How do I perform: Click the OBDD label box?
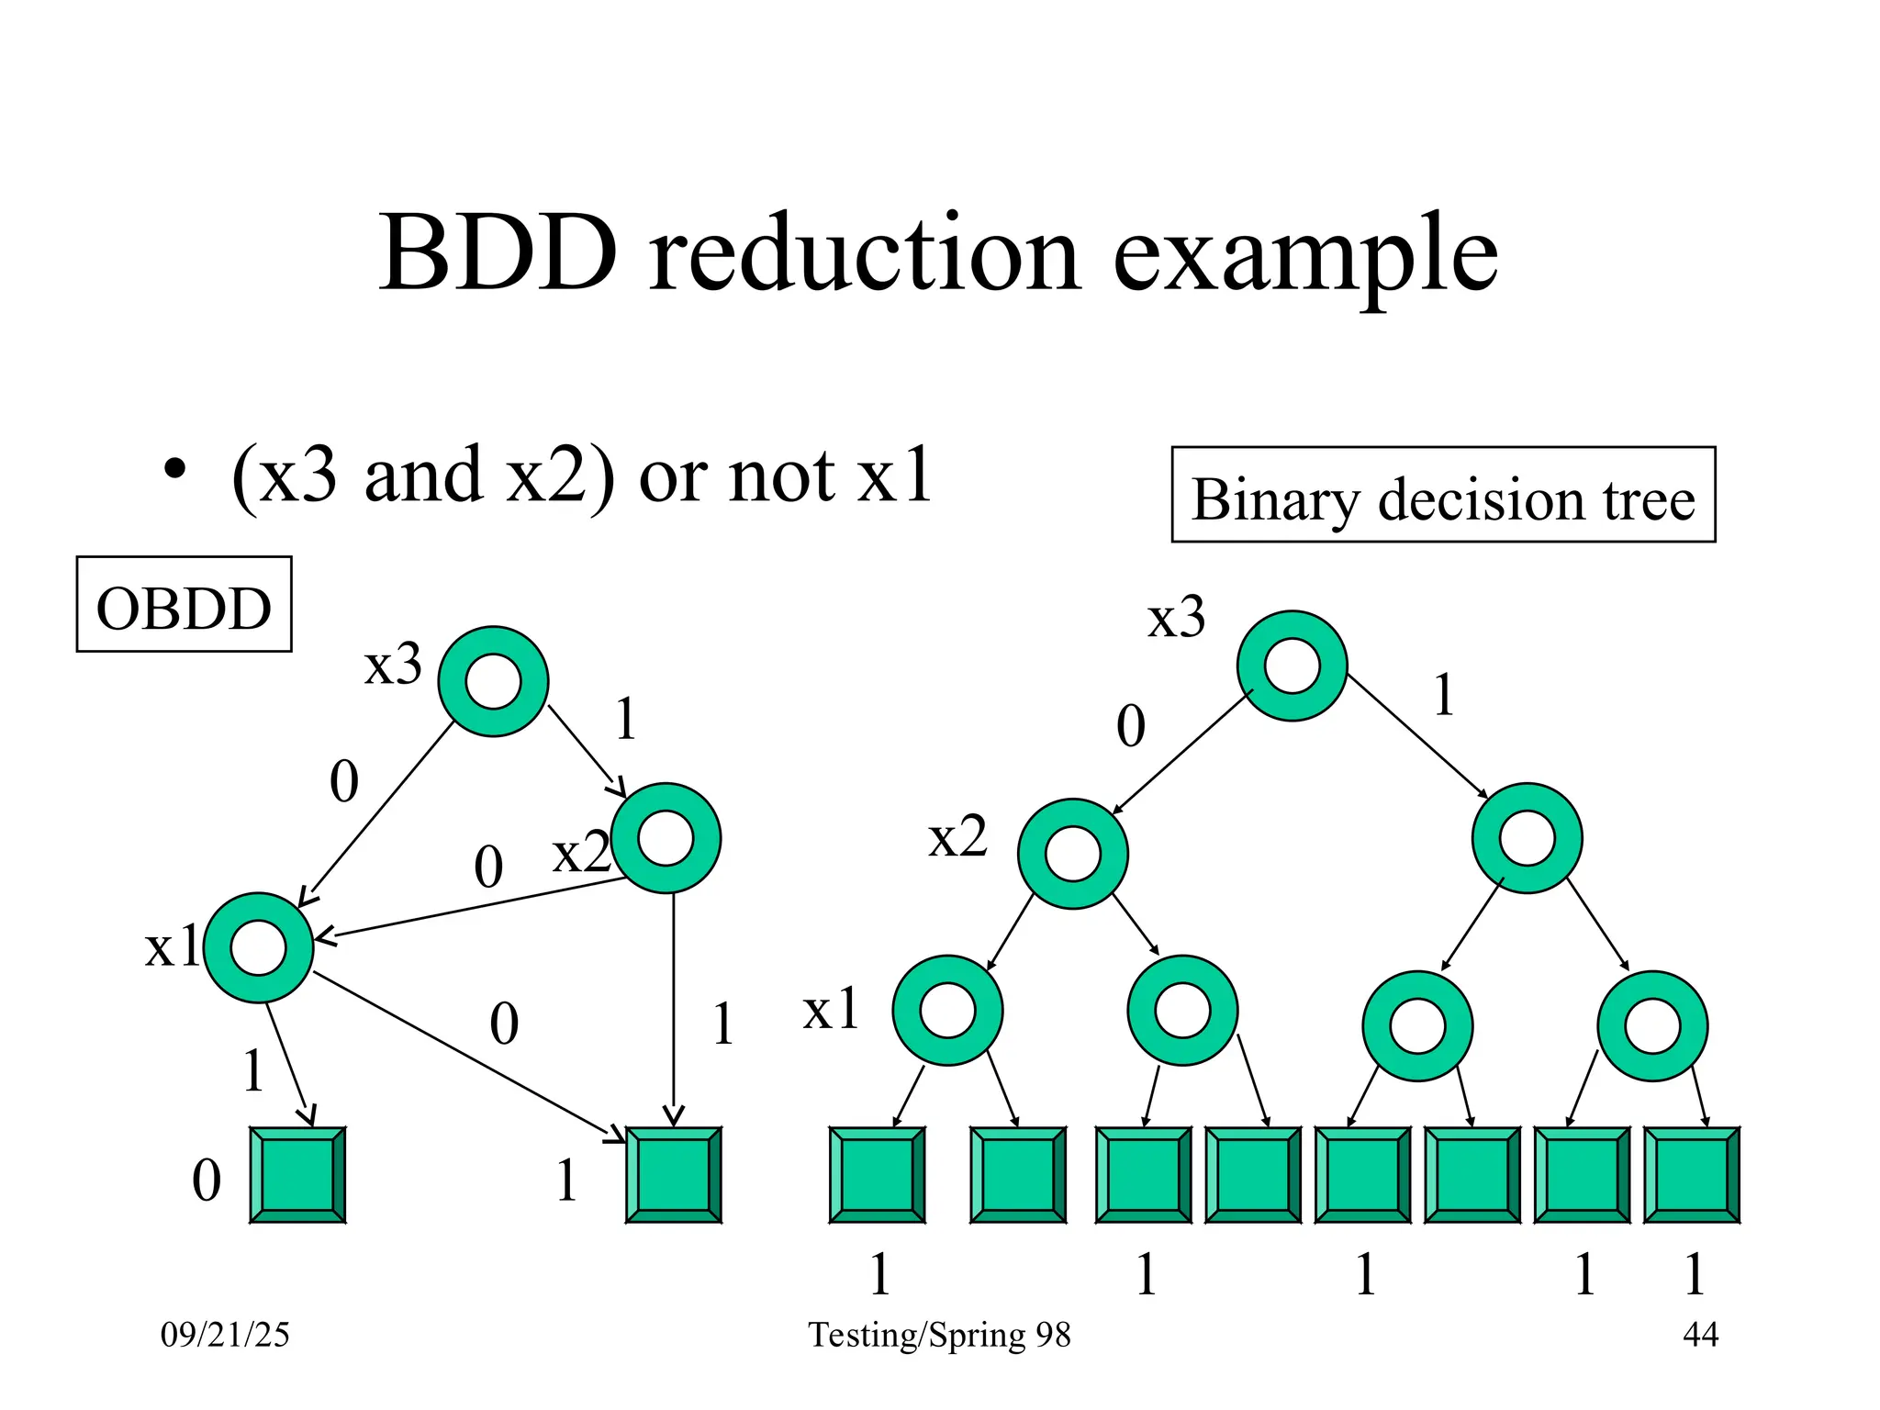pos(184,605)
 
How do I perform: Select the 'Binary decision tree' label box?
pos(1442,496)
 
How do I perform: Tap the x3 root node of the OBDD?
pos(493,681)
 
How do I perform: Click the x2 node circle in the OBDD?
pos(666,838)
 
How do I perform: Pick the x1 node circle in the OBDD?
pos(259,947)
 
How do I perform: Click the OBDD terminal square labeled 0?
pos(297,1175)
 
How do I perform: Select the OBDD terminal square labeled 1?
pos(673,1175)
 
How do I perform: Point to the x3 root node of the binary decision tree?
pos(1292,666)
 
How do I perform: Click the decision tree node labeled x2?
pos(1072,854)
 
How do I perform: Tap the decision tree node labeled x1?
pos(947,1010)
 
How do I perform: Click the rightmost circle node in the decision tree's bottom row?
pos(1651,1025)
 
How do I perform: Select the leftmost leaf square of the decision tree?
pos(877,1175)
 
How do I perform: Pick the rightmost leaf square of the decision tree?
pos(1691,1175)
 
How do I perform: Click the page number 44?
pos(1700,1334)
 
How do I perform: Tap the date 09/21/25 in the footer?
pos(225,1334)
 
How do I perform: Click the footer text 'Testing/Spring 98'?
pos(939,1334)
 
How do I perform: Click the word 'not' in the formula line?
pos(781,476)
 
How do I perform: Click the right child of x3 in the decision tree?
pos(1527,838)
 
